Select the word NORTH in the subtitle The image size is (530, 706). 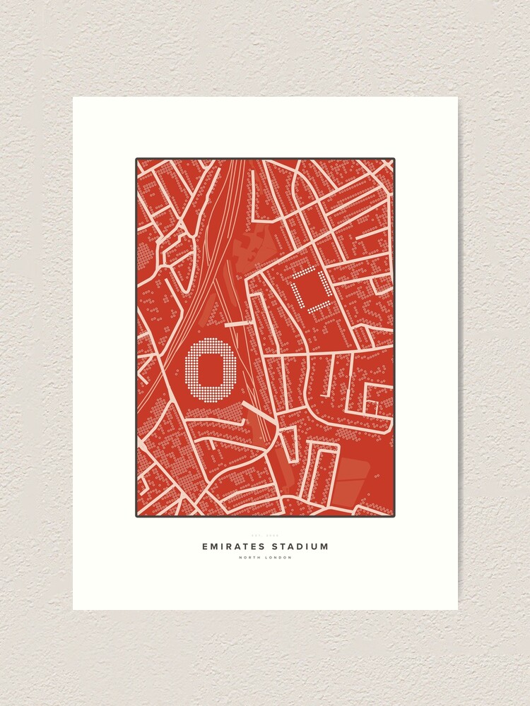pos(249,558)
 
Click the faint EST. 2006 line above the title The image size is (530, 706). pos(265,535)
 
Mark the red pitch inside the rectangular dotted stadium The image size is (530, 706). pos(311,289)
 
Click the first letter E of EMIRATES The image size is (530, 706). pos(205,546)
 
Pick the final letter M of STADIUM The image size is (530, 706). pos(324,546)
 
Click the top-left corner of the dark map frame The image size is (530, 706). pos(137,160)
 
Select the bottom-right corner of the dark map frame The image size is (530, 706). pos(394,515)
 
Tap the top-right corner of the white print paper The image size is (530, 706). pos(457,98)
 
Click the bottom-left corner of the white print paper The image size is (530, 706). pos(73,609)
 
